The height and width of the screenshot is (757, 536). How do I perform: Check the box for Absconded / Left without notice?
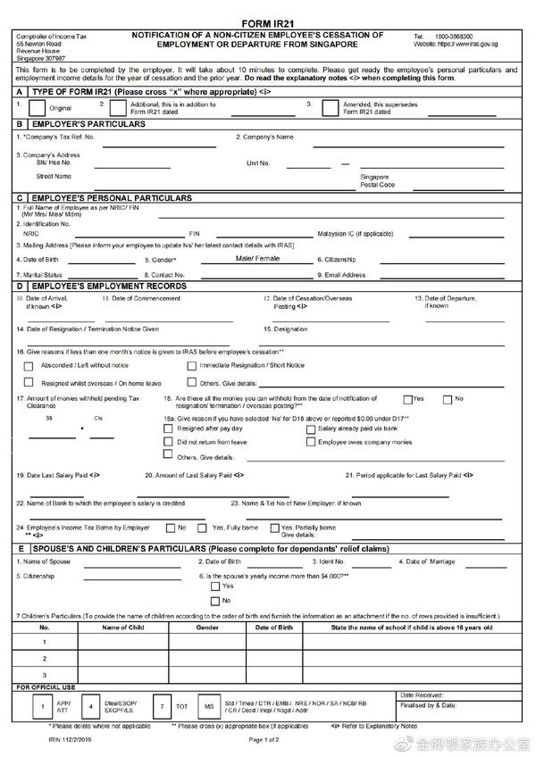[x=32, y=365]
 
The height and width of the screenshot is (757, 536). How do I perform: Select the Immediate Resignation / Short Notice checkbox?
[x=192, y=365]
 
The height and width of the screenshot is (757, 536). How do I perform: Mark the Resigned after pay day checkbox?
[x=169, y=428]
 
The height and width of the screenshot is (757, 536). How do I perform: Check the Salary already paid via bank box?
[x=311, y=428]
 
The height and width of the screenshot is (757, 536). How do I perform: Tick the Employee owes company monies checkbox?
[x=311, y=442]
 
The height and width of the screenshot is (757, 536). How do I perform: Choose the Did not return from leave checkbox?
[x=169, y=442]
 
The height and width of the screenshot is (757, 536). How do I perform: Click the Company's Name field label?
[x=265, y=137]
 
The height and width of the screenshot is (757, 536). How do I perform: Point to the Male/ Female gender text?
[x=257, y=258]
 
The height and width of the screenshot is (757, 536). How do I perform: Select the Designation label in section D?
[x=286, y=329]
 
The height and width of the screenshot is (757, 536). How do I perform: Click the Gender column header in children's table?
[x=207, y=628]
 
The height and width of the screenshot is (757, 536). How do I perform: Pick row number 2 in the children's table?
[x=45, y=658]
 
